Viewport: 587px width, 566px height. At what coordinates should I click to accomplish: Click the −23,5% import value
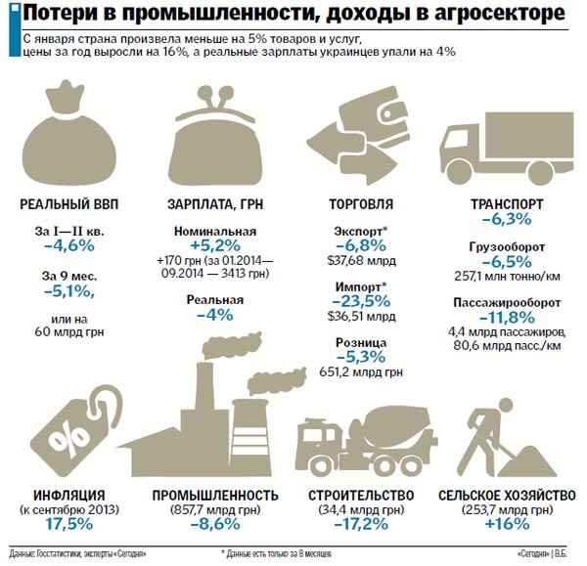click(x=363, y=302)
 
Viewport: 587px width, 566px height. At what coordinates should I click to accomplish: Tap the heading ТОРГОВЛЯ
click(x=363, y=204)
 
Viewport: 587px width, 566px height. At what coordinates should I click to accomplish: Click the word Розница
click(x=363, y=342)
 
